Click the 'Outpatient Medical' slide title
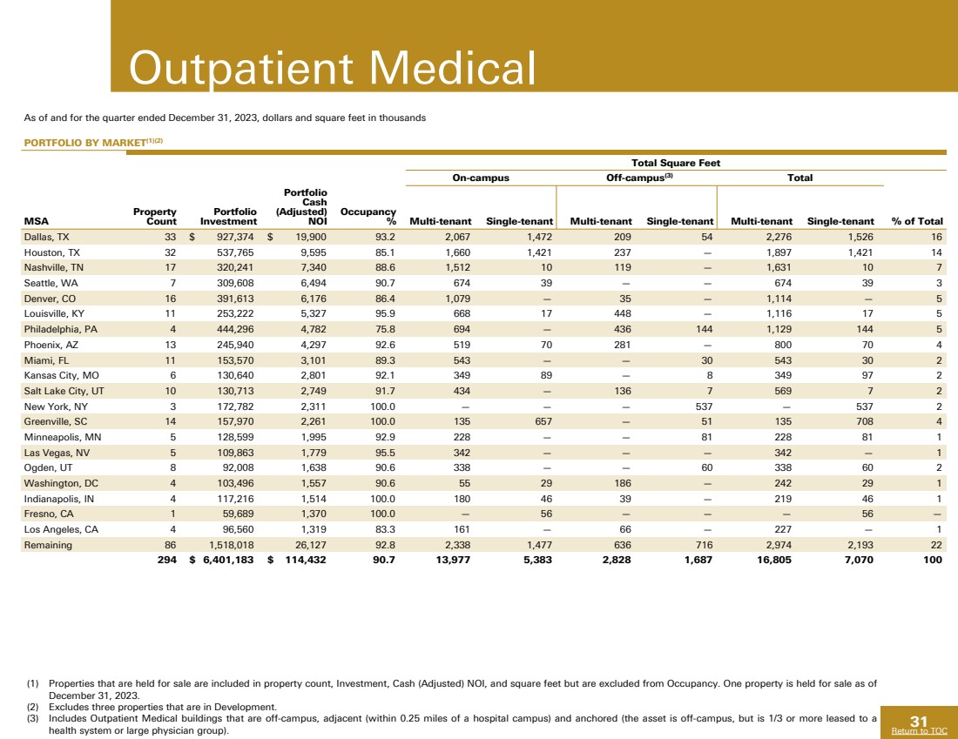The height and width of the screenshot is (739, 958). pos(331,67)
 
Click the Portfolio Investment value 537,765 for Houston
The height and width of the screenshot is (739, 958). pos(230,252)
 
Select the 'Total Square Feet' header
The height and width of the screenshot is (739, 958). pos(677,163)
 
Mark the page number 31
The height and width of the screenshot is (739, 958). pos(919,720)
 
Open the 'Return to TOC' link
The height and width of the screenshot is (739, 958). pos(919,731)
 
